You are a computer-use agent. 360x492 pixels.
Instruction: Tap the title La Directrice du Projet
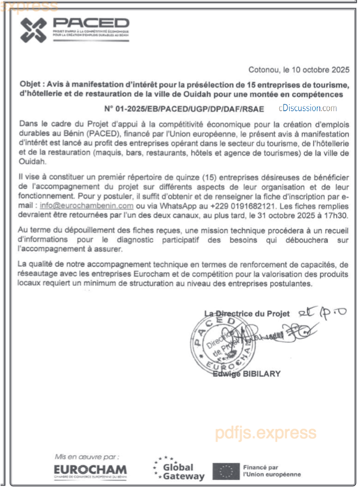coord(247,313)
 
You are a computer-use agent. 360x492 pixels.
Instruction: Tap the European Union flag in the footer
coord(225,471)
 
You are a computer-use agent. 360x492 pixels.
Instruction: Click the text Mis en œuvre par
coord(87,456)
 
